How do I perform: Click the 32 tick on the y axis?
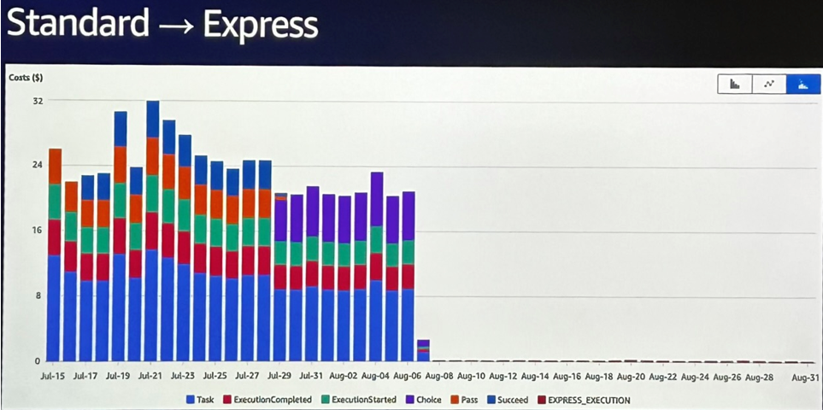pos(38,101)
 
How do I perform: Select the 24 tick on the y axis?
pos(38,166)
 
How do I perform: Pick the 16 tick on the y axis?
pos(38,231)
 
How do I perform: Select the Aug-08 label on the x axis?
pos(438,375)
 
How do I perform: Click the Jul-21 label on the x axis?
pos(150,375)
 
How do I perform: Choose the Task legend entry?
pos(202,399)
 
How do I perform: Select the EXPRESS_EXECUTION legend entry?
pos(589,399)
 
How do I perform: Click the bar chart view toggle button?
pos(734,84)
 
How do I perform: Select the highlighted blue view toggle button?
pos(802,84)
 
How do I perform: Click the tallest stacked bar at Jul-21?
pos(153,231)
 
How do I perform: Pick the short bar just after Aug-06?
pos(423,351)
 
